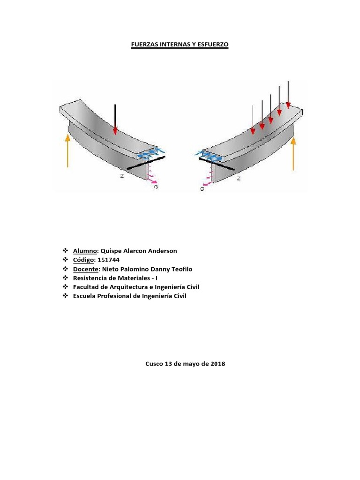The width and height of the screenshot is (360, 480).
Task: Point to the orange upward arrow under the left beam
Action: tap(68, 150)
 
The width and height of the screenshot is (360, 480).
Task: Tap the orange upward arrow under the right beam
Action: tap(293, 154)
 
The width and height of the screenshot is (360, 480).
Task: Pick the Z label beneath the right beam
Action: tap(239, 179)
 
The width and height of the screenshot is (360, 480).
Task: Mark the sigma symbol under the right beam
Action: tap(202, 189)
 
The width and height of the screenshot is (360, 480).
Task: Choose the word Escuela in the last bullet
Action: tap(85, 296)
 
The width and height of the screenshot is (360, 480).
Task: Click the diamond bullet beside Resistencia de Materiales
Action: tap(65, 278)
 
